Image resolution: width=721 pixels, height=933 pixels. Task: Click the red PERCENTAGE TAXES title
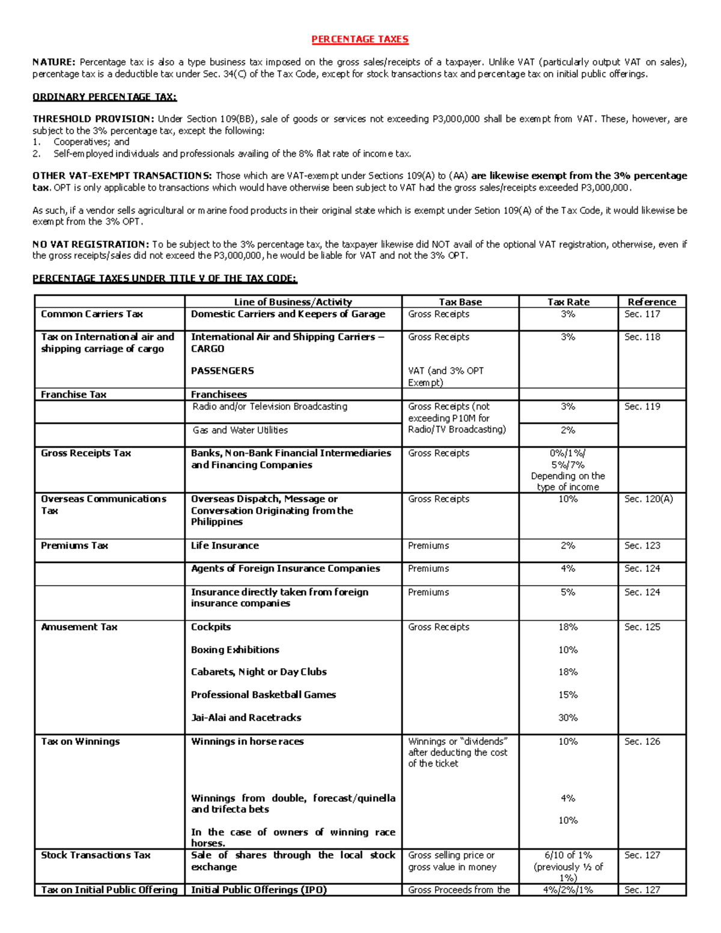click(x=359, y=40)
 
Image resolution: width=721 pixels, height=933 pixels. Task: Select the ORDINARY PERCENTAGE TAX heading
click(x=105, y=97)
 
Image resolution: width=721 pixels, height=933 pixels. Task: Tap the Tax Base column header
click(x=460, y=302)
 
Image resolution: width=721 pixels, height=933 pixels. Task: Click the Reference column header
click(x=652, y=302)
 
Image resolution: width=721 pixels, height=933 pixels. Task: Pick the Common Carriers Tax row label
click(x=92, y=314)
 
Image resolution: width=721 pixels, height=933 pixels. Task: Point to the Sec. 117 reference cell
click(x=642, y=314)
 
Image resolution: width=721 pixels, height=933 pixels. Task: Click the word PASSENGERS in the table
click(x=222, y=371)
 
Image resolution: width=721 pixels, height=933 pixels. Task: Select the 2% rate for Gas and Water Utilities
click(x=568, y=431)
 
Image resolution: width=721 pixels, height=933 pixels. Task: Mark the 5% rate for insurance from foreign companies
click(x=568, y=592)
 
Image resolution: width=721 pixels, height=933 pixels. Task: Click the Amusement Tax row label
click(x=79, y=627)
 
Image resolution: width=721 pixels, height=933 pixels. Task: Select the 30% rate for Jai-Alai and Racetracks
click(x=568, y=718)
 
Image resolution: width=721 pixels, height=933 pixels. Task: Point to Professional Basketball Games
click(x=263, y=695)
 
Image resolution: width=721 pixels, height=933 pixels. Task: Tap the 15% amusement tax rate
click(x=568, y=695)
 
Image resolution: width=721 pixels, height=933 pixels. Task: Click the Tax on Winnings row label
click(x=81, y=742)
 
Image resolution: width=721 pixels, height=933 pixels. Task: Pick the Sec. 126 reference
click(x=642, y=742)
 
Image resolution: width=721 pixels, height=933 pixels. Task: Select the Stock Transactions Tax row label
click(x=96, y=856)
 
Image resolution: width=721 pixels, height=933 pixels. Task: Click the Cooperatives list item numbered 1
click(x=91, y=142)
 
